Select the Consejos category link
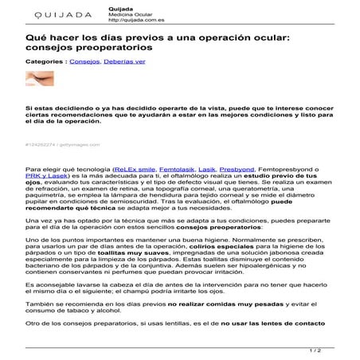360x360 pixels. (x=85, y=61)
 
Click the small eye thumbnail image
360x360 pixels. (x=40, y=79)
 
